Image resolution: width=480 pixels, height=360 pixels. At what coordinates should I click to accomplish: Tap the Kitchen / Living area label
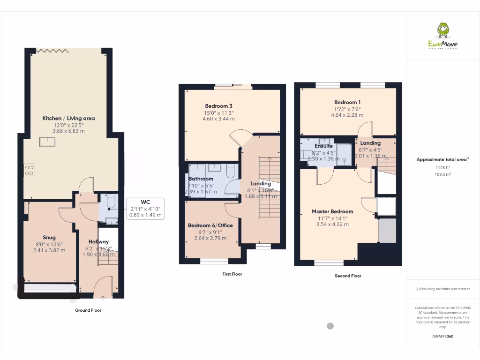(x=68, y=118)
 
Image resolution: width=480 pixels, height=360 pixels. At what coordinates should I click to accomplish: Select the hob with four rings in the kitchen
(x=29, y=169)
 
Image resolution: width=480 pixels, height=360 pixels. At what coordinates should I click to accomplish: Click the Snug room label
(x=49, y=238)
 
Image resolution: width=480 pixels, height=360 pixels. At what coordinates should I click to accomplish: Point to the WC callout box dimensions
(x=145, y=212)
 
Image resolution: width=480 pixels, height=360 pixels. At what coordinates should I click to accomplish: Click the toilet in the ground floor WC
(x=110, y=202)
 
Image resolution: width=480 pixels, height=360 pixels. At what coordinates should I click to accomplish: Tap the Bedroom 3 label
(x=218, y=105)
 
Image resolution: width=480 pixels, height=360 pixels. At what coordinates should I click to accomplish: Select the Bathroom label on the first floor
(x=201, y=179)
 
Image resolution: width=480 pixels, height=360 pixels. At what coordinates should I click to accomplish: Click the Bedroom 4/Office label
(x=210, y=225)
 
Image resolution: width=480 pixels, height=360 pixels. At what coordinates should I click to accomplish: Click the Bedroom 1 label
(x=347, y=102)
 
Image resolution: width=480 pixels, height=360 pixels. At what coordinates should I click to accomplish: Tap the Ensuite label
(x=323, y=146)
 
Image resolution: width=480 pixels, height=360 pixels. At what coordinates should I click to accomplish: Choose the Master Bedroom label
(x=332, y=211)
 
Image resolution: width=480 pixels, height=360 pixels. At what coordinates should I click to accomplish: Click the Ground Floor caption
(x=88, y=310)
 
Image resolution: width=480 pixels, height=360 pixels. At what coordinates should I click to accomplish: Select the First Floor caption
(x=232, y=274)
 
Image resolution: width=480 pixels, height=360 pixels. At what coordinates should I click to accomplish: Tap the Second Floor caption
(x=348, y=276)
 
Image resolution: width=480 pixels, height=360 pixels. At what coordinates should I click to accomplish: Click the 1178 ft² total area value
(x=442, y=167)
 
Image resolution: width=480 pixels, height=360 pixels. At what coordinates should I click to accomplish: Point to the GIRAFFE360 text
(x=442, y=336)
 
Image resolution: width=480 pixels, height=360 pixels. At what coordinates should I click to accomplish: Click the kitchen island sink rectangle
(x=46, y=141)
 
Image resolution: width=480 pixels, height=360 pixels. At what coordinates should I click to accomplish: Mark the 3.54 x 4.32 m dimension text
(x=332, y=225)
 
